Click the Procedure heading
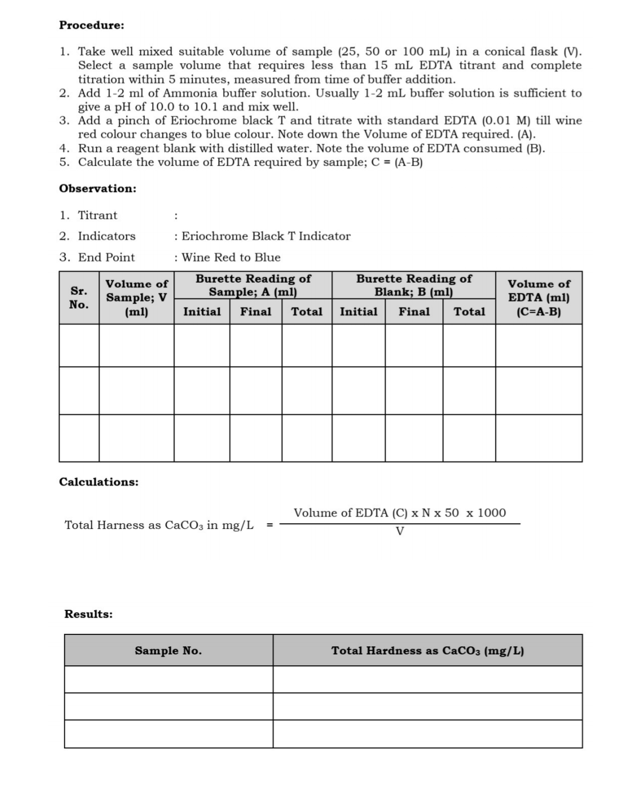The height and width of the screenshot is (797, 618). (x=92, y=25)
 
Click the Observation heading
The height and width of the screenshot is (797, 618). (x=98, y=188)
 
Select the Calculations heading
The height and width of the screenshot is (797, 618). (x=99, y=482)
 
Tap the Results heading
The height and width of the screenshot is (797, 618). (x=89, y=614)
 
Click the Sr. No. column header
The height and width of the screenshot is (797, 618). (x=79, y=298)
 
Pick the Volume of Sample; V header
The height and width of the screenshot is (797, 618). (x=137, y=298)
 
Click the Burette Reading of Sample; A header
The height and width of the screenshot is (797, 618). (x=253, y=285)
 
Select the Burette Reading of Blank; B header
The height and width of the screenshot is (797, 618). (x=414, y=285)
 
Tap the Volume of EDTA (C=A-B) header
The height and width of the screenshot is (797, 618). (x=538, y=298)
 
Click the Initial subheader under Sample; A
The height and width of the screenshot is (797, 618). (x=202, y=311)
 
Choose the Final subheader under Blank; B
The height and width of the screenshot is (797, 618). (x=414, y=311)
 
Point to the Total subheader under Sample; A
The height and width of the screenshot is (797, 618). (x=307, y=311)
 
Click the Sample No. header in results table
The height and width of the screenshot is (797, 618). (x=168, y=650)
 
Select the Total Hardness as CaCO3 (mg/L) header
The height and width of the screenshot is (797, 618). (x=427, y=650)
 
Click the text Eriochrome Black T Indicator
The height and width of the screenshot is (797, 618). (x=266, y=236)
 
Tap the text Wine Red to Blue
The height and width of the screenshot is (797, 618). (x=231, y=257)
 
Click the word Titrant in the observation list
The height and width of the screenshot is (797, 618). (x=97, y=215)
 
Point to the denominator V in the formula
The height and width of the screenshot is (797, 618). (x=399, y=531)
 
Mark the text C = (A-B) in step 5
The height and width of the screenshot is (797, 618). (x=397, y=162)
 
